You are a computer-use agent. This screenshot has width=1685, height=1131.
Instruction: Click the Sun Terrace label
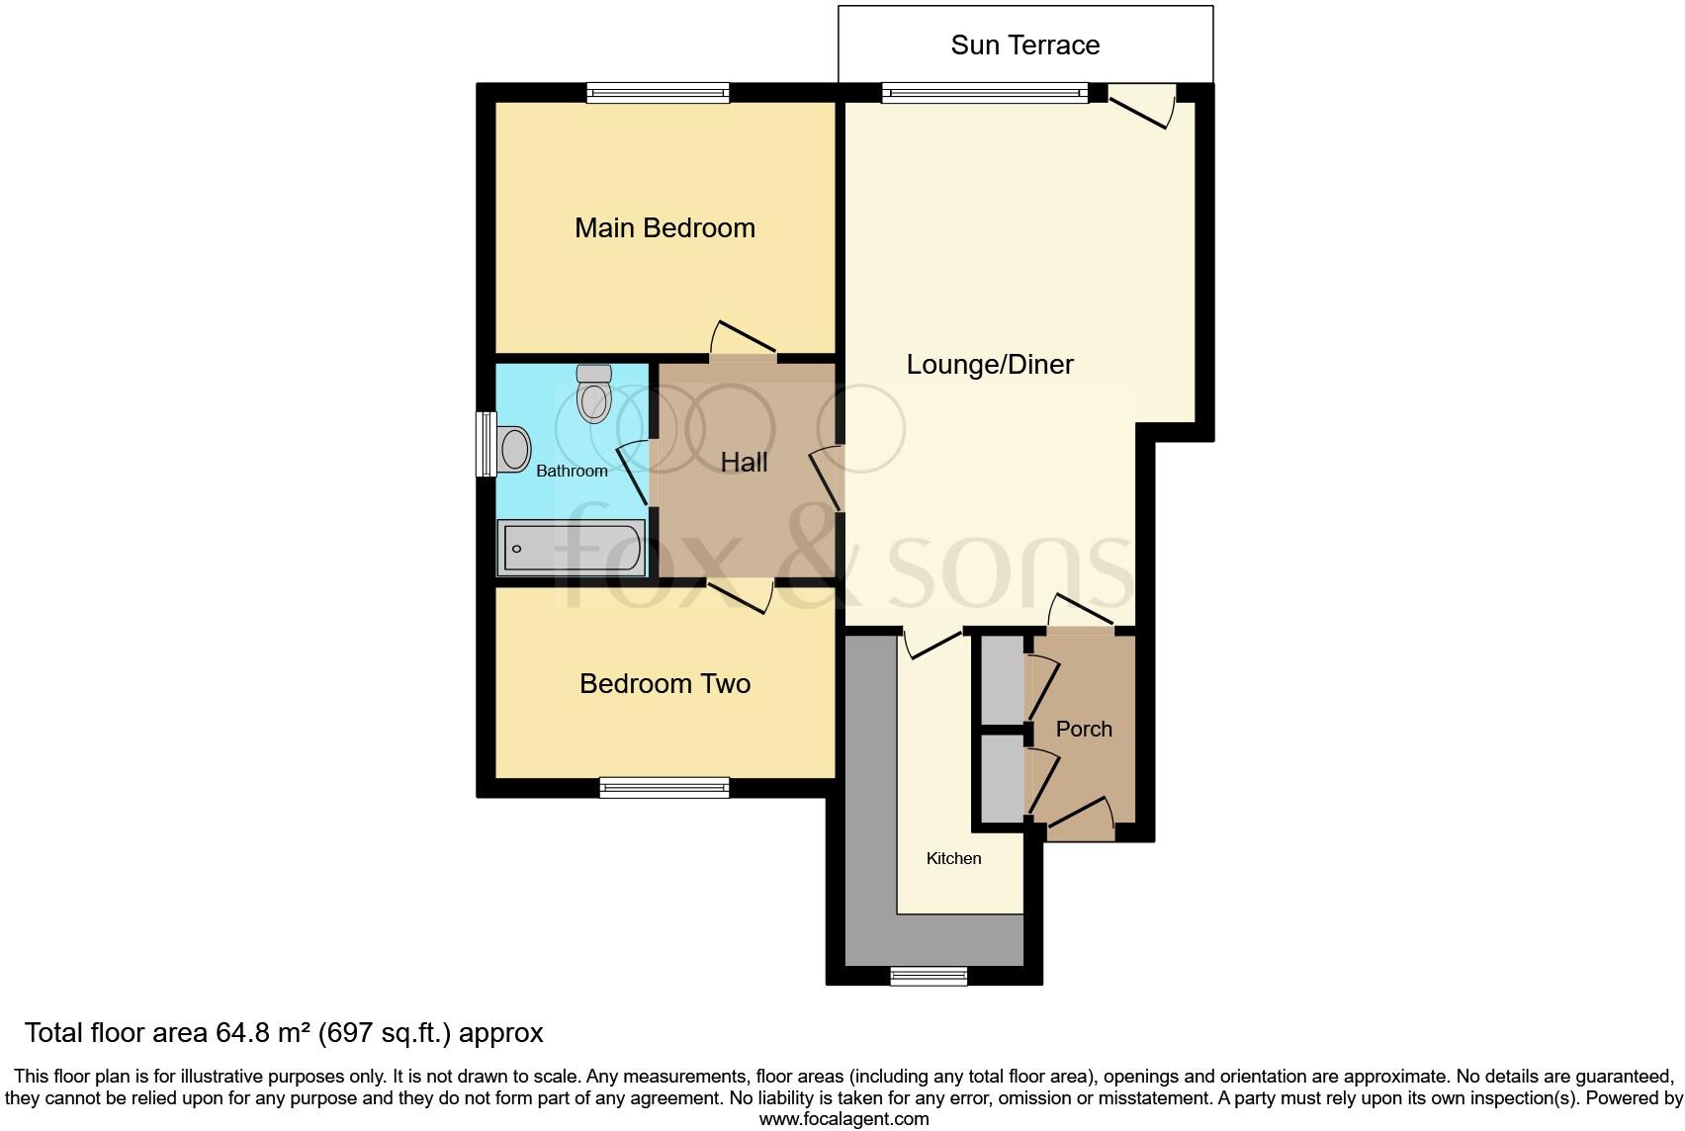pyautogui.click(x=1024, y=45)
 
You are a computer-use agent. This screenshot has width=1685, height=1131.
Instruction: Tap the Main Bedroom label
pyautogui.click(x=665, y=228)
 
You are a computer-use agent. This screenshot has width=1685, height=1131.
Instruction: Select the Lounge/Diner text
pyautogui.click(x=989, y=365)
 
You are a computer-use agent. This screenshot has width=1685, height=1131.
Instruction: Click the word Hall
pyautogui.click(x=744, y=463)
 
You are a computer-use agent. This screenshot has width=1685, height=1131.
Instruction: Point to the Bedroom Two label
pyautogui.click(x=665, y=684)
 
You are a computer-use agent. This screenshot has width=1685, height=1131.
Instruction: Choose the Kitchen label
pyautogui.click(x=953, y=858)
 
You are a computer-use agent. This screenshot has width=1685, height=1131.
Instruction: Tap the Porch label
pyautogui.click(x=1084, y=730)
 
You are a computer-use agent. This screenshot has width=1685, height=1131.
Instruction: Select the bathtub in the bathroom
pyautogui.click(x=572, y=548)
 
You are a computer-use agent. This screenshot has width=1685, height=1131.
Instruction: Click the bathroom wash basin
pyautogui.click(x=514, y=449)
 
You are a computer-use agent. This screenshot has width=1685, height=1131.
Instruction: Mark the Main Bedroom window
pyautogui.click(x=658, y=93)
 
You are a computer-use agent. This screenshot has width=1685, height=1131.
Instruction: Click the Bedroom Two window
pyautogui.click(x=664, y=788)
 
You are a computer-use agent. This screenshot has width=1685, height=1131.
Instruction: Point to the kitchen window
pyautogui.click(x=929, y=977)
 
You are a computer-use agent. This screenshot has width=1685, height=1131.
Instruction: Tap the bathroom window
pyautogui.click(x=486, y=444)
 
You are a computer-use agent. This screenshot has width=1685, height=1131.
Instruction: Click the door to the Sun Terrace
pyautogui.click(x=1141, y=105)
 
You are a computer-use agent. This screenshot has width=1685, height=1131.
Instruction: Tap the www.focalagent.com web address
pyautogui.click(x=843, y=1119)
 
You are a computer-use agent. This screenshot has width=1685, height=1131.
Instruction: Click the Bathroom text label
pyautogui.click(x=572, y=472)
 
